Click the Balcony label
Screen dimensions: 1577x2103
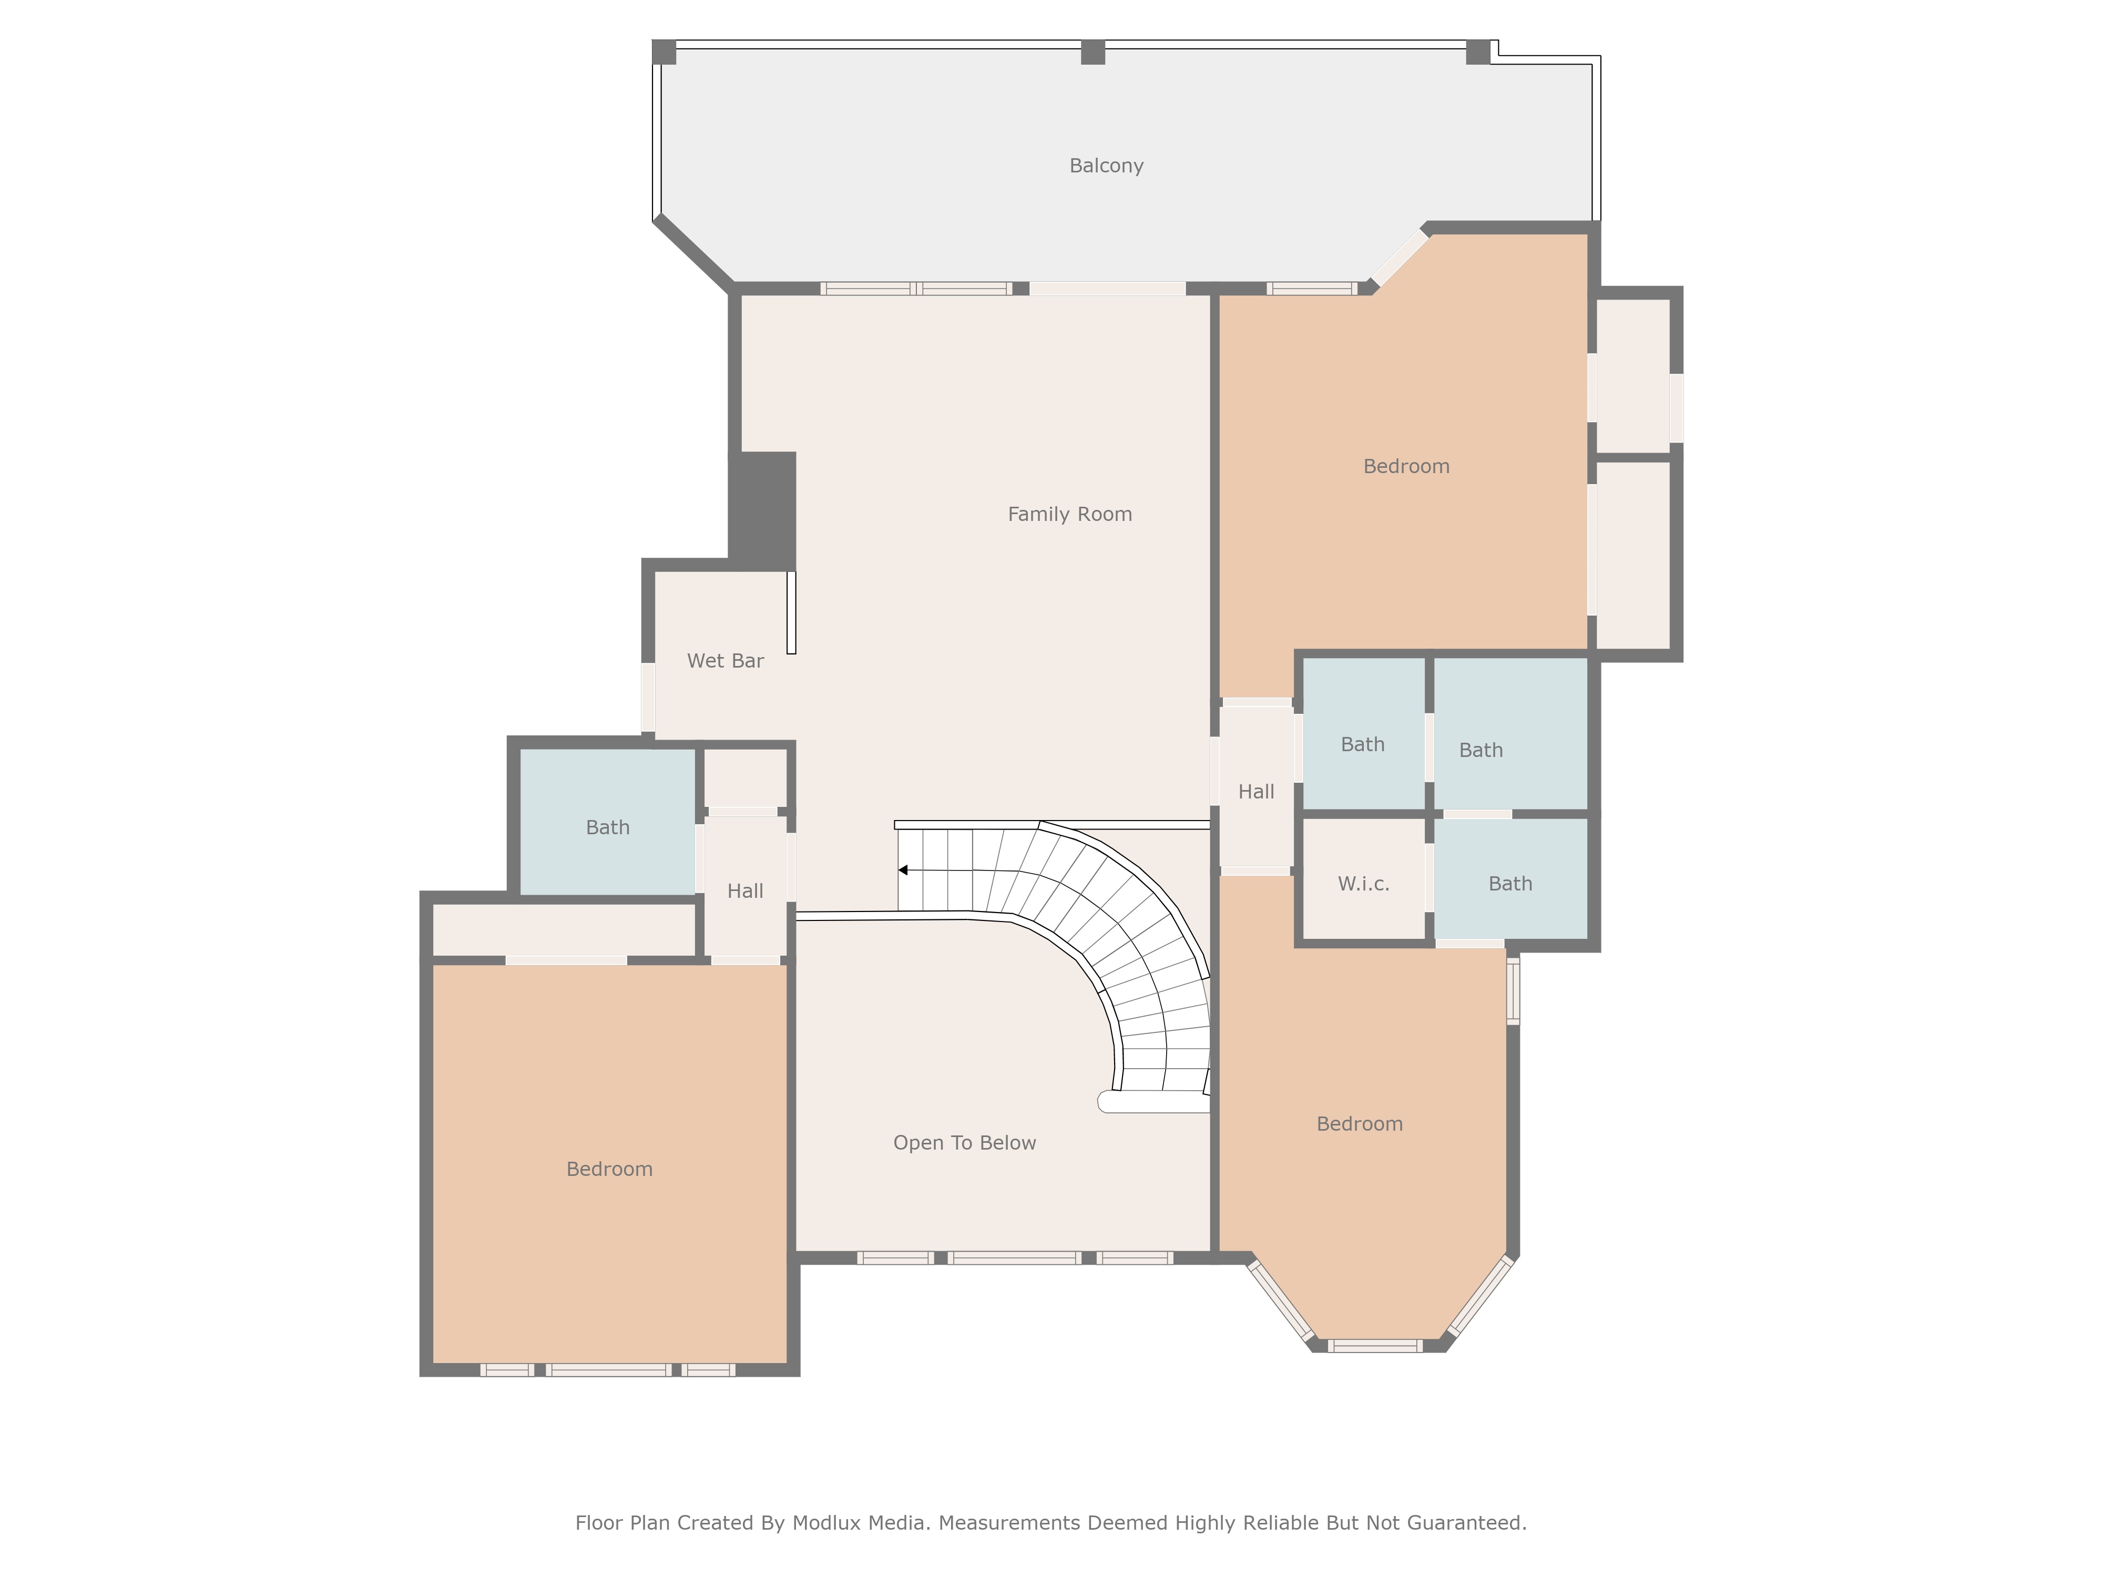coord(1106,166)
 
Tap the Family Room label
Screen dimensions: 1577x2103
coord(1069,514)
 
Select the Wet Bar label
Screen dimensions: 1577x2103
coord(726,661)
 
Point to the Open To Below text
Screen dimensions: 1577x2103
coord(964,1143)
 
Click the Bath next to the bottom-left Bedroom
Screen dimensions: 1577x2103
coord(608,827)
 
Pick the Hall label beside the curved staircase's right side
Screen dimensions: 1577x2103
coord(1256,792)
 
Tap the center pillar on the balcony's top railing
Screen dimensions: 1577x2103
coord(1094,52)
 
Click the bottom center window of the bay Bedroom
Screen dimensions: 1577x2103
coord(1375,1345)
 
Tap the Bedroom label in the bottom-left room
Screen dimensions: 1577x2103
coord(609,1169)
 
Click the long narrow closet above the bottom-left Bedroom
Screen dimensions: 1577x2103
coord(565,929)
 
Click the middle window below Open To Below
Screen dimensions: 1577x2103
coord(1014,1257)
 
